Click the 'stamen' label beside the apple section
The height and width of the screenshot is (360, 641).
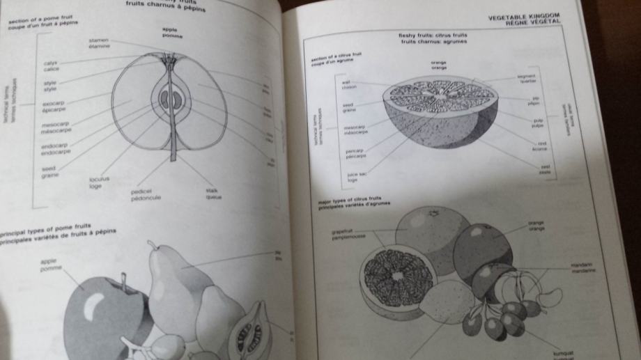pyautogui.click(x=98, y=40)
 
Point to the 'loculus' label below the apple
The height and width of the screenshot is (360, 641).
pyautogui.click(x=98, y=180)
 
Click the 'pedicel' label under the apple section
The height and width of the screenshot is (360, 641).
pyautogui.click(x=141, y=190)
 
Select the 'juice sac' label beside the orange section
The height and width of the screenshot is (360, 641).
pyautogui.click(x=357, y=176)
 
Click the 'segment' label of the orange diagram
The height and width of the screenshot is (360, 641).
pyautogui.click(x=525, y=77)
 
